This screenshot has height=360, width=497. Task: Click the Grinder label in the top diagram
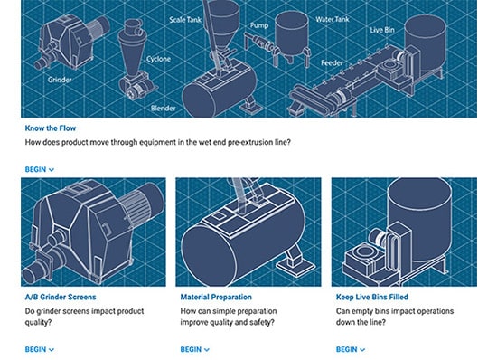(x=60, y=80)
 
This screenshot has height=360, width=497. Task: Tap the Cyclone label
(x=158, y=59)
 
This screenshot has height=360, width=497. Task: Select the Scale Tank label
(x=185, y=20)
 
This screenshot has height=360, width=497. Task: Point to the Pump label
(x=259, y=25)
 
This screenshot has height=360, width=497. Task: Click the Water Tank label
(x=333, y=19)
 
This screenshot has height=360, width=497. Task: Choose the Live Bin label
(x=382, y=30)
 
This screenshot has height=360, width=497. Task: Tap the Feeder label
(x=332, y=62)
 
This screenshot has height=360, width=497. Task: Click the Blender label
(x=164, y=109)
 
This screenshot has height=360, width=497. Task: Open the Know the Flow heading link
(x=51, y=128)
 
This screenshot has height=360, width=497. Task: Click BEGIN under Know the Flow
(x=39, y=169)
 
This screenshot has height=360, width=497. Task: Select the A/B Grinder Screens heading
(x=61, y=297)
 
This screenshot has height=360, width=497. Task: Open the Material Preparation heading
(x=216, y=297)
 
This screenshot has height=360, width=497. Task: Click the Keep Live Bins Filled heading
(x=372, y=297)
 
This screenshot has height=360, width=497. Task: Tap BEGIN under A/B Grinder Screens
(x=39, y=349)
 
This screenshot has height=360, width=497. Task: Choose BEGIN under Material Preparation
(x=194, y=349)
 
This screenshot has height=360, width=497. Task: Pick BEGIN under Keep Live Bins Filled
(x=351, y=349)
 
